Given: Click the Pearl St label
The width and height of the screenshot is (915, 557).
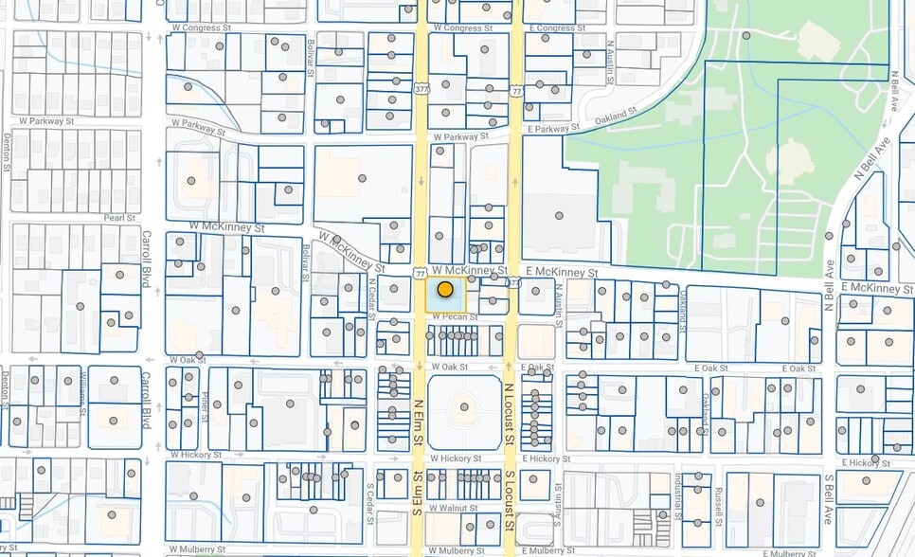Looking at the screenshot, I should pyautogui.click(x=121, y=217).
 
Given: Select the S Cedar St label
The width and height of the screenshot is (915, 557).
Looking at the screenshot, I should pyautogui.click(x=371, y=502).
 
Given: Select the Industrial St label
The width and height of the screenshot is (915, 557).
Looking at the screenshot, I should pyautogui.click(x=678, y=497).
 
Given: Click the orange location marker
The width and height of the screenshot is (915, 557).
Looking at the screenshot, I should pyautogui.click(x=444, y=290).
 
